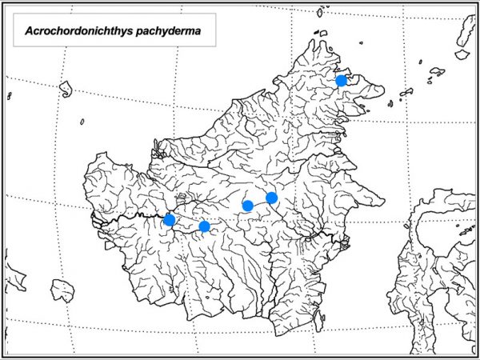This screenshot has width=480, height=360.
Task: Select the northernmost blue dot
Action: pos(342,80)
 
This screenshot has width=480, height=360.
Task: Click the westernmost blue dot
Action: pos(170,220)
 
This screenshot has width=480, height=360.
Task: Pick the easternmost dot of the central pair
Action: pos(272,198)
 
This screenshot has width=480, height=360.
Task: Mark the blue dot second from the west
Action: pos(204,226)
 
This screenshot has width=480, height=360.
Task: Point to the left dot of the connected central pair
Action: pos(248,206)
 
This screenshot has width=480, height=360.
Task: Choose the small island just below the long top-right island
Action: pos(462,54)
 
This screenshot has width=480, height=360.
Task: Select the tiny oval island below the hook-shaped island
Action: pos(82,122)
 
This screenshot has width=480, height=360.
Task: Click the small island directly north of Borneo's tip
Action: pos(320,13)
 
